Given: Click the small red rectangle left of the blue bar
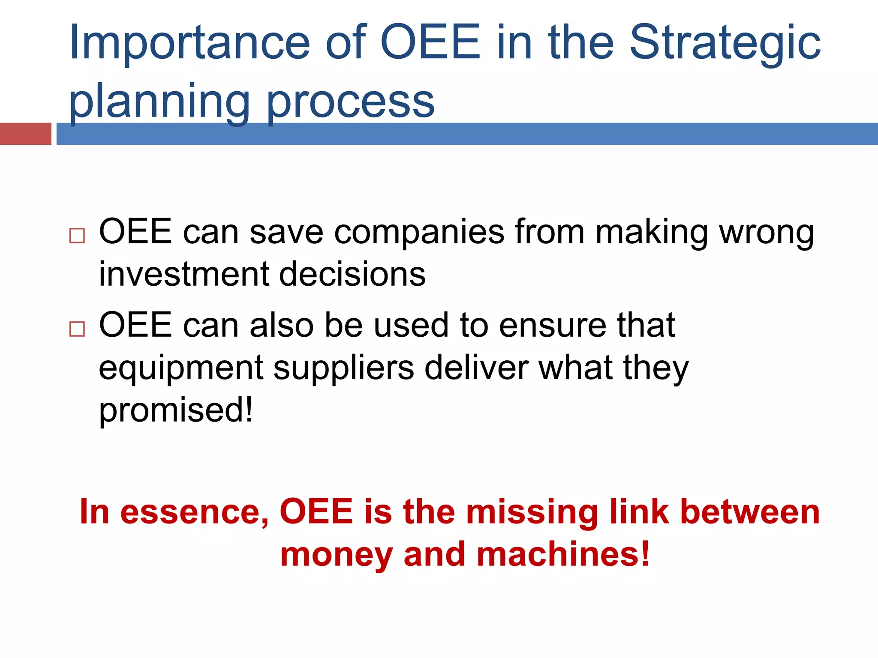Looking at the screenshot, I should [25, 134].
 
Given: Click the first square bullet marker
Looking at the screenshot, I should [77, 236].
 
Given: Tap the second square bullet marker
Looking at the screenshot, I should [77, 329].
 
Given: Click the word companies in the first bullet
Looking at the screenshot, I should [419, 233].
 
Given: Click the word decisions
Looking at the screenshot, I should [352, 274].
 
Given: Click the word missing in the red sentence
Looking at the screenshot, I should [532, 511].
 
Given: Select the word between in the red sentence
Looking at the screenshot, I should [750, 511].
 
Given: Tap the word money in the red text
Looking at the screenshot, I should [337, 554].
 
